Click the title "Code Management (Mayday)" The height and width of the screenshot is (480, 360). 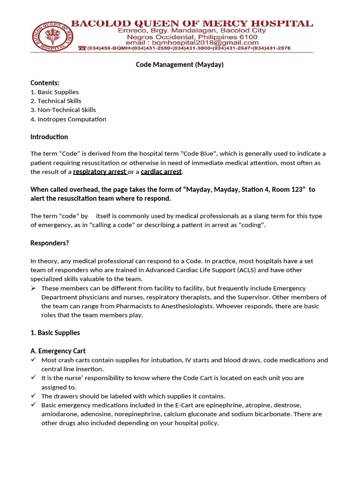(x=180, y=65)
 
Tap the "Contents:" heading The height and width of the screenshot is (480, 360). (x=45, y=83)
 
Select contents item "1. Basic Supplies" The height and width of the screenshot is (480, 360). (x=54, y=92)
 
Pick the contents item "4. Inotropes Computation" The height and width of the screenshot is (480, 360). (x=68, y=119)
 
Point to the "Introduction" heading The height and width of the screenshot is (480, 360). (x=49, y=137)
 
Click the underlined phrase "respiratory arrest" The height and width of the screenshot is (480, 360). (x=99, y=172)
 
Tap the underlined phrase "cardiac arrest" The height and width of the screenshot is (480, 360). (x=161, y=172)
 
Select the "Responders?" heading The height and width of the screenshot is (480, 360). (x=50, y=243)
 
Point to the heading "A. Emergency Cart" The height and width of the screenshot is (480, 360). (x=58, y=351)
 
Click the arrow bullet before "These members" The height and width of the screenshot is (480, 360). (x=33, y=288)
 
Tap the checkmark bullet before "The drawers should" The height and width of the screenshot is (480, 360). (x=33, y=396)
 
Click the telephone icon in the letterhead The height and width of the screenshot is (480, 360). (x=82, y=48)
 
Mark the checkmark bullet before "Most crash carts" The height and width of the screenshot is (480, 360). (x=33, y=360)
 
